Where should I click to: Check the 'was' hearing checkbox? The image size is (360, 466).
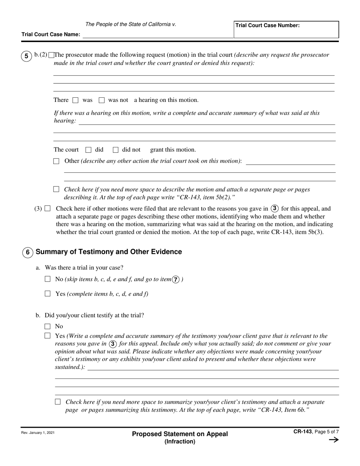(x=75, y=100)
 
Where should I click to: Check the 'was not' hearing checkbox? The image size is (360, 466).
(x=102, y=100)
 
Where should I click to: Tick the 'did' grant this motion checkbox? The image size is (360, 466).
(x=89, y=150)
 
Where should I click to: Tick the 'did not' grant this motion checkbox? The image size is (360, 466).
(x=116, y=150)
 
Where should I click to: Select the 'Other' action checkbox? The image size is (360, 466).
(x=56, y=161)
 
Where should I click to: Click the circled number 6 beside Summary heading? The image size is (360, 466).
(x=28, y=252)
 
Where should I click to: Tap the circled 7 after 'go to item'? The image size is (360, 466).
(x=176, y=280)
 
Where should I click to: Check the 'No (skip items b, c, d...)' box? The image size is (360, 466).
(x=48, y=279)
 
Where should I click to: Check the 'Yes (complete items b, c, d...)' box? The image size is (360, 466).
(x=48, y=294)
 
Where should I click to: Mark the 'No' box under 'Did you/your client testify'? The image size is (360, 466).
(x=48, y=326)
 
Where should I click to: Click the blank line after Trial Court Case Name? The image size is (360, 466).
(x=157, y=35)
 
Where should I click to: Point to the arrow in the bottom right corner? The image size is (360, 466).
(x=333, y=440)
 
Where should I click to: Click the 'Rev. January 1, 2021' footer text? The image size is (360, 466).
(x=38, y=433)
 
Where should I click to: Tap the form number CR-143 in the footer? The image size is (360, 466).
(x=302, y=432)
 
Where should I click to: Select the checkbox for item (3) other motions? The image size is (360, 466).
(x=47, y=208)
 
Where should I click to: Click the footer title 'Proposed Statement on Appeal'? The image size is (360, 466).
(x=180, y=434)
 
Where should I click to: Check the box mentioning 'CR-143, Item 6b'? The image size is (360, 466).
(x=58, y=402)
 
